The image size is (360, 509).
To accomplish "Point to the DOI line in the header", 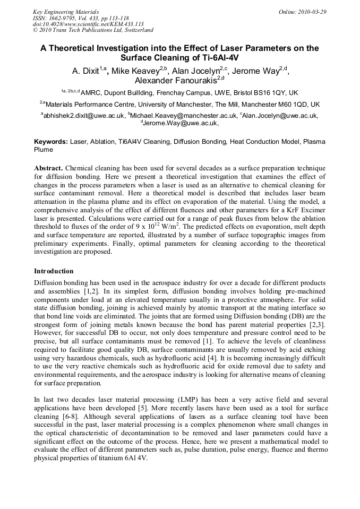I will pos(88,24).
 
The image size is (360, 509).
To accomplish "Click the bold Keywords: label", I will pos(51,142).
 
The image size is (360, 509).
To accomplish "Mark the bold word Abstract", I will pos(49,167).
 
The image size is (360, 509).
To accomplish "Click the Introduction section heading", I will pos(54,271).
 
